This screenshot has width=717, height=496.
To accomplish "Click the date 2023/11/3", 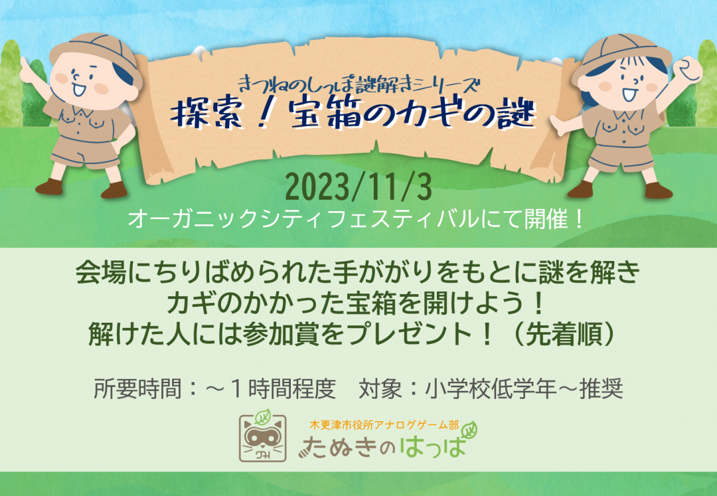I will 358,188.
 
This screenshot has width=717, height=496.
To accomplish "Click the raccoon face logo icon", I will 265,439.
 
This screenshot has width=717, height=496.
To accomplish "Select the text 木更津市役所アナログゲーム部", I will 384,424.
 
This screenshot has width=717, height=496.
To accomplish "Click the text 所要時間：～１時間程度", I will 215,388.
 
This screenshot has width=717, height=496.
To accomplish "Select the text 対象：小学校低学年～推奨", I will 490,388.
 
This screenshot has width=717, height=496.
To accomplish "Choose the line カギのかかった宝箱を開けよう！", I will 358,303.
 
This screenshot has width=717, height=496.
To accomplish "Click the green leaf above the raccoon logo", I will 264,418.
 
